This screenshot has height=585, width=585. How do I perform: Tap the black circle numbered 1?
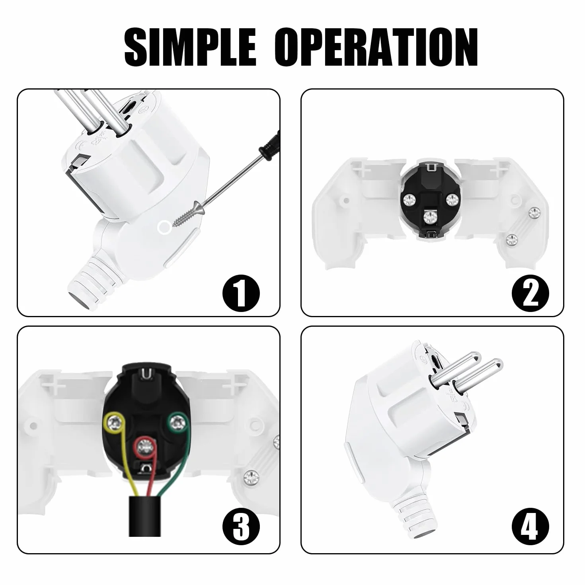coord(241,293)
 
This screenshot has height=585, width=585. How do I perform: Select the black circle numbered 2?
coord(530,293)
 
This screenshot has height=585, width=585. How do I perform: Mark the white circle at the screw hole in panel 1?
coord(164,227)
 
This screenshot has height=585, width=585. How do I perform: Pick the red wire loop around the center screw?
coord(145,447)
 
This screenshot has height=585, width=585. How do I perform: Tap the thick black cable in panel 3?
coord(144,521)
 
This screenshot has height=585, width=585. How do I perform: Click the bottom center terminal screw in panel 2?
coord(431,217)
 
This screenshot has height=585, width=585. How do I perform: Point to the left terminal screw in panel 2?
coord(410,201)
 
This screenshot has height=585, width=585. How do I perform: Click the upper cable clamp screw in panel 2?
coord(534,213)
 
